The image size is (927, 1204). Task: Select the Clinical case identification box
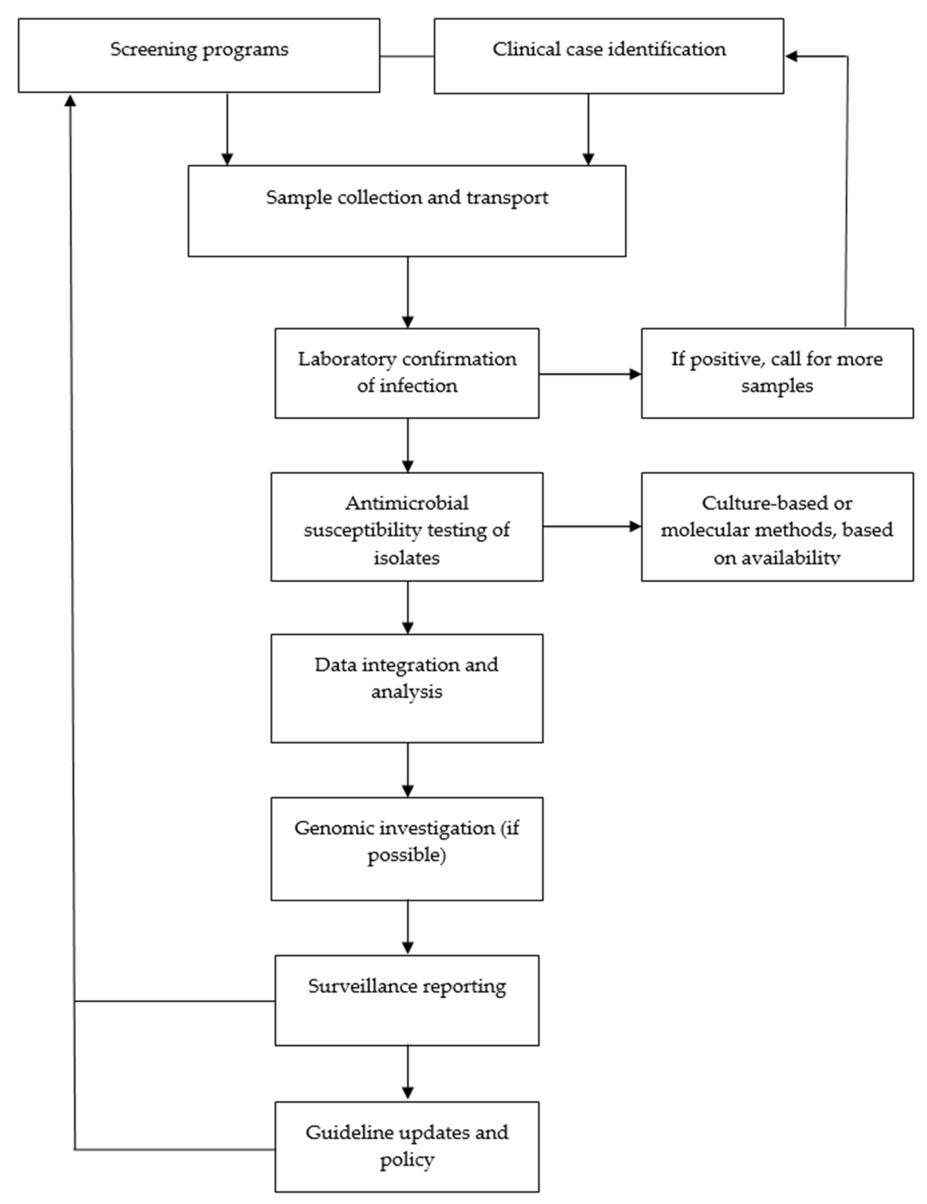coord(608,56)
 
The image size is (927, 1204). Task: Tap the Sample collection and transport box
coord(407,211)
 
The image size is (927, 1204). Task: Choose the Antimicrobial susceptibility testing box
coord(407,526)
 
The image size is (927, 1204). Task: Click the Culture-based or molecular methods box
coord(777,526)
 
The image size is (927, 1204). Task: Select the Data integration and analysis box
coord(407,688)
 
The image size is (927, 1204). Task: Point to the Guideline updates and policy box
coord(407,1147)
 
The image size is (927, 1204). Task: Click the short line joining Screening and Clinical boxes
coord(407,56)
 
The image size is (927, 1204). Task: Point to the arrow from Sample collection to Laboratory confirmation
coord(408,292)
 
